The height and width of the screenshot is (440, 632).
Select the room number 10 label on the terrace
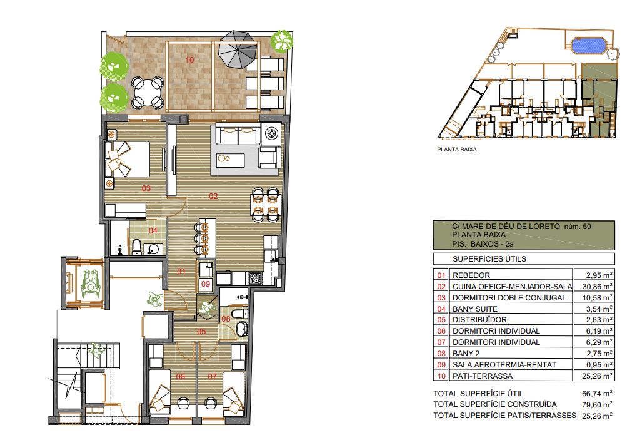pos(190,60)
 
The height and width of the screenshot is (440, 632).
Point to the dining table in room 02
pos(265,205)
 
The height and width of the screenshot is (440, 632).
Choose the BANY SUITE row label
pos(474,309)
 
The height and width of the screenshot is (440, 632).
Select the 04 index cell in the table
pos(441,309)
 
